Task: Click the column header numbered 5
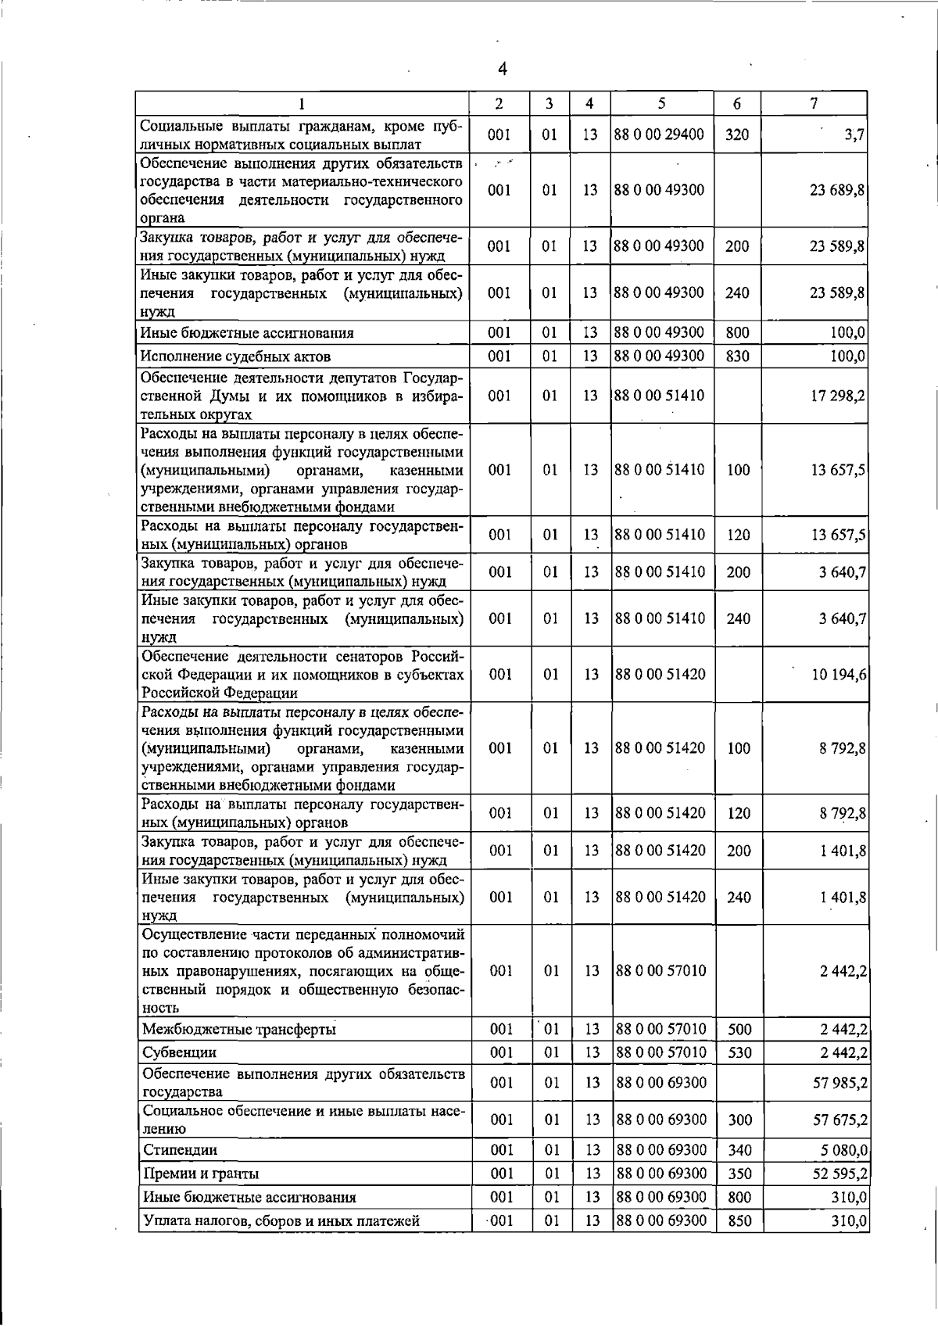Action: pos(661,103)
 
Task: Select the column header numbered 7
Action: pos(814,103)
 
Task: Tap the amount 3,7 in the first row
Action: pos(854,135)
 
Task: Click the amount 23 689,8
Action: pos(836,191)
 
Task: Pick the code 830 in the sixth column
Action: pos(737,357)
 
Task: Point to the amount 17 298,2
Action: pos(838,396)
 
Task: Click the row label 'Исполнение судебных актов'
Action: pos(235,357)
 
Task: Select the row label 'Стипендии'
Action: pos(180,1150)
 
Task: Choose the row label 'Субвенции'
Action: pos(179,1052)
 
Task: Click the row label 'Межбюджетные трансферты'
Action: pos(239,1029)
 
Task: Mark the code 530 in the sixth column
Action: pos(739,1052)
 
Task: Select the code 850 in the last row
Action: pos(739,1220)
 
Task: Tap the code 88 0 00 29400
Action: pos(660,134)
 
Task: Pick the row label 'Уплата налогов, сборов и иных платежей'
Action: pos(281,1220)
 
